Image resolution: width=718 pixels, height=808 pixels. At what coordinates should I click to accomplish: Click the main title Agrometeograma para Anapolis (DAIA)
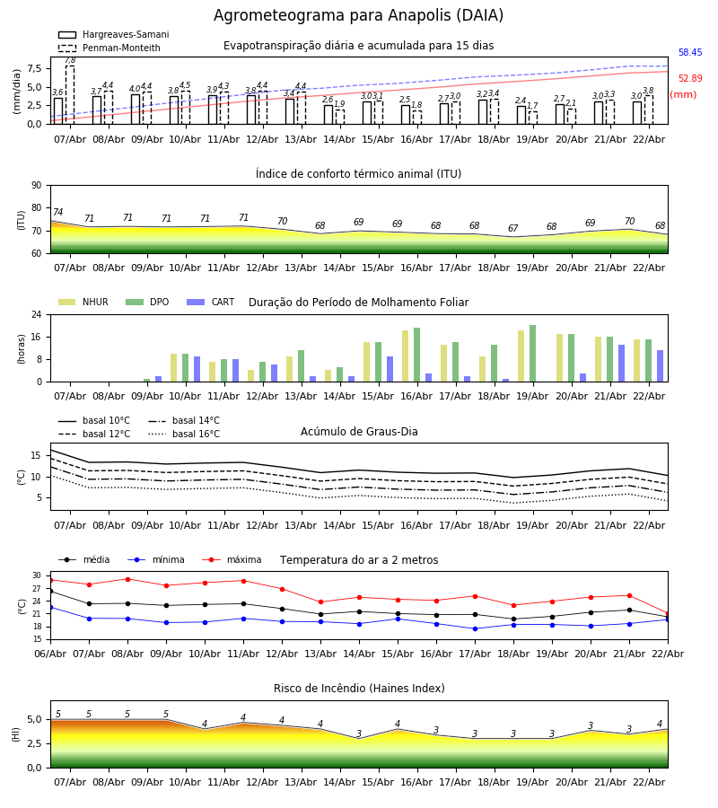(358, 16)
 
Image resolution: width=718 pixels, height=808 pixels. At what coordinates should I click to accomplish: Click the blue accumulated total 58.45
(689, 53)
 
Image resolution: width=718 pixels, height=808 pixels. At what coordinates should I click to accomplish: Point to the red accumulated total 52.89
(689, 79)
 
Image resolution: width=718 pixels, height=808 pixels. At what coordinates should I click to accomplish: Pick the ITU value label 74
(57, 213)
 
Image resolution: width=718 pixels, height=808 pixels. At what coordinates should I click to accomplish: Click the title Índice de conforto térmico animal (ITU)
(358, 174)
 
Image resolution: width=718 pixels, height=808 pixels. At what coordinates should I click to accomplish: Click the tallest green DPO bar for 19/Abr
(532, 353)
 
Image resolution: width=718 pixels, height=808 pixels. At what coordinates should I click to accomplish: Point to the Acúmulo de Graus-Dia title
(359, 432)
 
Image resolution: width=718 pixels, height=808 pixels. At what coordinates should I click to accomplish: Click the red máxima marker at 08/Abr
(127, 579)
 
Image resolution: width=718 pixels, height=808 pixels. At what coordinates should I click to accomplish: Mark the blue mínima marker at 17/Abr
(475, 628)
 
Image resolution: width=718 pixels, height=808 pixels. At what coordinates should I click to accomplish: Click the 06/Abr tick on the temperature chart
(50, 653)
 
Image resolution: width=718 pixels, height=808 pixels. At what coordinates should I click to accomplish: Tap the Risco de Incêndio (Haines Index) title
(358, 689)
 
